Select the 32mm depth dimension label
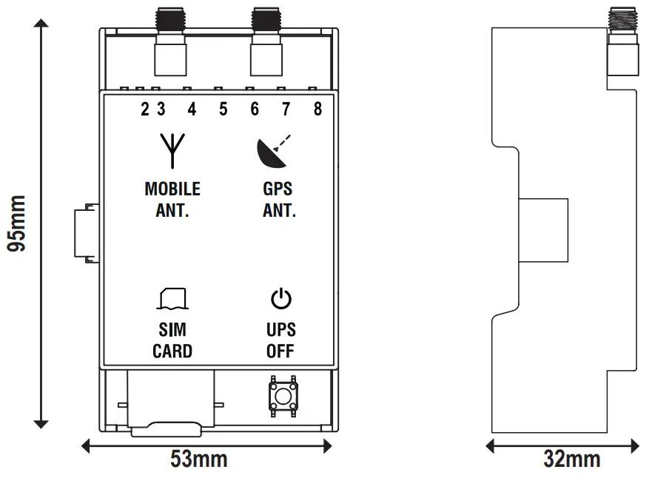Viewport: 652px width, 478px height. click(x=571, y=459)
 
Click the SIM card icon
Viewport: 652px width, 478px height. click(x=172, y=298)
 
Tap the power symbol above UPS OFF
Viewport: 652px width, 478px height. click(x=280, y=299)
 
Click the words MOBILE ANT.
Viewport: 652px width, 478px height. click(x=172, y=199)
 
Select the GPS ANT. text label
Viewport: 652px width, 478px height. click(x=279, y=199)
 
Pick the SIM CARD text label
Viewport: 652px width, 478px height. click(x=172, y=340)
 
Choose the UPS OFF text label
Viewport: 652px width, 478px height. click(x=280, y=340)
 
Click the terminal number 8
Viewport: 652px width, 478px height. click(x=317, y=110)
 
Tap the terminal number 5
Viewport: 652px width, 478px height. click(x=224, y=110)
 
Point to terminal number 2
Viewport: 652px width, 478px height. click(x=145, y=110)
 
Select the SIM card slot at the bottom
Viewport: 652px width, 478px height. click(x=171, y=403)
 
